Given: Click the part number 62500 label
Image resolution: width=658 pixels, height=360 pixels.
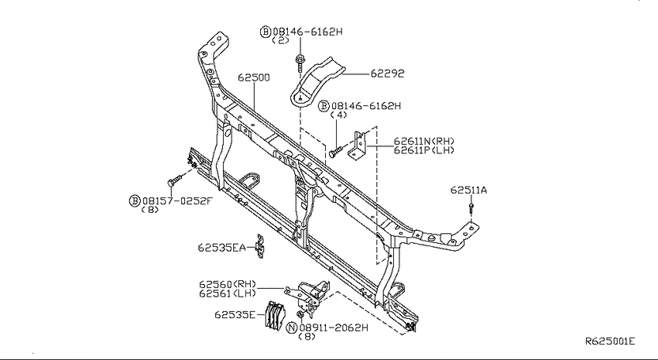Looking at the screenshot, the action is pos(254,77).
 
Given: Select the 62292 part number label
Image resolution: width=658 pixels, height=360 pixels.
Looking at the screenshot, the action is pos(387,74).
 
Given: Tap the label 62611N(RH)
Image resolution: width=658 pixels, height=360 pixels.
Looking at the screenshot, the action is pos(424,142).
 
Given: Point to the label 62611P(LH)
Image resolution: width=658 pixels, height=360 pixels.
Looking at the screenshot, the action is pos(424,150).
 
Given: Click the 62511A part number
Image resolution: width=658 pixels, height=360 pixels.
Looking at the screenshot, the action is pos(469,190).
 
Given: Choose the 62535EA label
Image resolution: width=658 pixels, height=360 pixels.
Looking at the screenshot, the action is pos(222,248).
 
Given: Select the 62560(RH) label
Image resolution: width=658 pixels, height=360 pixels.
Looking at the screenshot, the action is pos(228,285).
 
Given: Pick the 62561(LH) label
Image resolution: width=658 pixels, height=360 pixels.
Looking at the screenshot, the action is pos(228,293).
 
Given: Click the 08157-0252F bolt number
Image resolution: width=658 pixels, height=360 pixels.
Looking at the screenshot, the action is pos(177,201).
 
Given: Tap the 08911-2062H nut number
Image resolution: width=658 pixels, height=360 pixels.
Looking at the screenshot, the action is pos(333,327).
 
